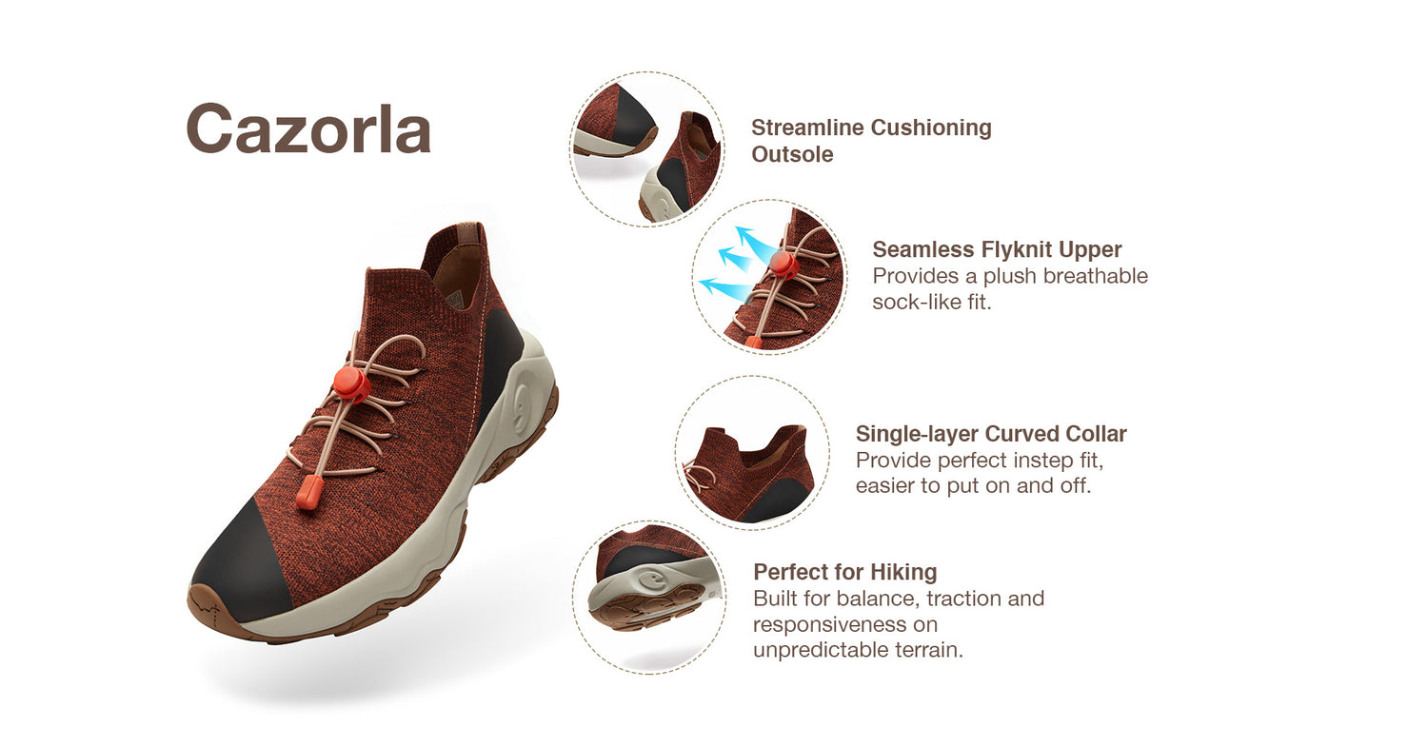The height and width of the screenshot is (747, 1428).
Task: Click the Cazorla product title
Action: pos(308,128)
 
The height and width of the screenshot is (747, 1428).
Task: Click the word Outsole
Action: pos(792,154)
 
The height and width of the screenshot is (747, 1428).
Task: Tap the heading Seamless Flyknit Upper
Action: pos(997,249)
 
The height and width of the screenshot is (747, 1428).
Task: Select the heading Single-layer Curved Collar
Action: pos(991,433)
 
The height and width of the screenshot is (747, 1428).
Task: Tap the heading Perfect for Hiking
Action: pos(844,572)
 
